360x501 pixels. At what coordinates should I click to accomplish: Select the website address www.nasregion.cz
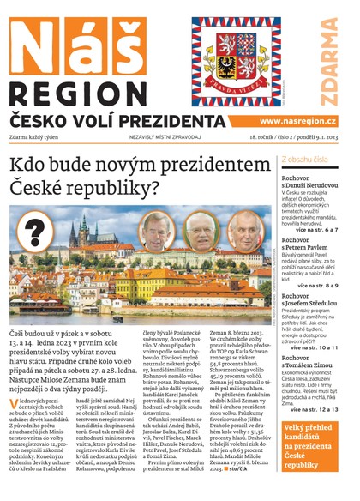click(x=297, y=122)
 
